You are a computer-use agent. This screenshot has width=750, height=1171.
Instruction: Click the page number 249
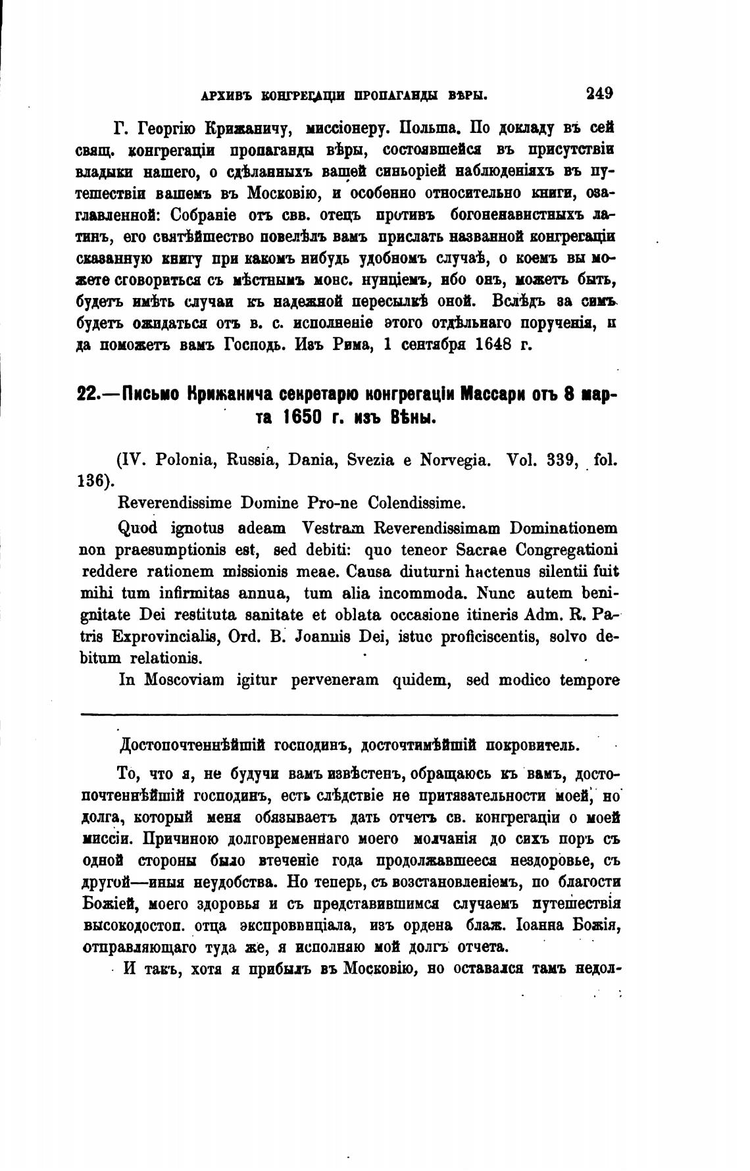click(599, 93)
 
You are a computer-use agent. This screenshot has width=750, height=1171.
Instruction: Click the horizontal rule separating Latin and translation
click(349, 715)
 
